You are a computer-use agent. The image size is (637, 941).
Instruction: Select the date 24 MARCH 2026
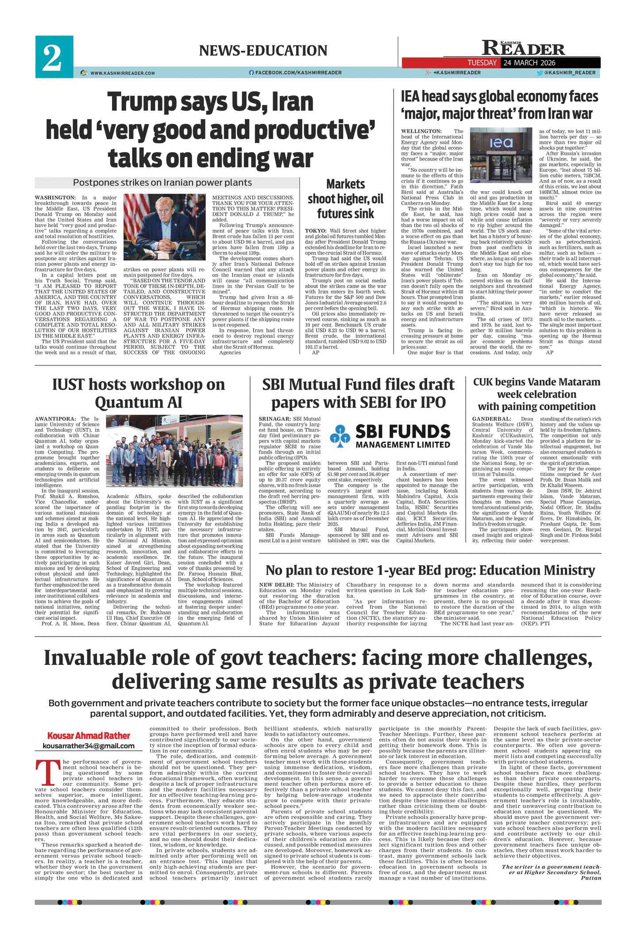coord(529,63)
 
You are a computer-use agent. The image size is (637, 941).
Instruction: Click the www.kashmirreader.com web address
coord(122,73)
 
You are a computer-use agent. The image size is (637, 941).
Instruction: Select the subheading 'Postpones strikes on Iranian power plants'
coord(162,183)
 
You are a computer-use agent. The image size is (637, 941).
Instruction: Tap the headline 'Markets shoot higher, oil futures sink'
coord(345,199)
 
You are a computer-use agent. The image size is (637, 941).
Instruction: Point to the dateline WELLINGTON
coord(421,131)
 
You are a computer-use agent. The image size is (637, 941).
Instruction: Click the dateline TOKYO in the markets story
coord(316,231)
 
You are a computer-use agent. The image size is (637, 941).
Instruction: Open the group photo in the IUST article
coord(174,453)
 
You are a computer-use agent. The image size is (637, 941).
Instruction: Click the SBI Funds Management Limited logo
coord(390,436)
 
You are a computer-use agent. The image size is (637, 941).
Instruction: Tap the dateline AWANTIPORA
coord(55,419)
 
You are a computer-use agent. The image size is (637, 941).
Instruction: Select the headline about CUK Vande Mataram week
coord(537,394)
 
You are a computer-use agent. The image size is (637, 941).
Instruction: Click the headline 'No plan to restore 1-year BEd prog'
coord(430,570)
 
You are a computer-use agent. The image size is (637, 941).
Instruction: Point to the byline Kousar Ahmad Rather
coord(89,735)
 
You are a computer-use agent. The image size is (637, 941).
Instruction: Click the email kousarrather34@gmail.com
coord(89,746)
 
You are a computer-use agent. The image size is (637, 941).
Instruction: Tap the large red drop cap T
coord(47,772)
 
